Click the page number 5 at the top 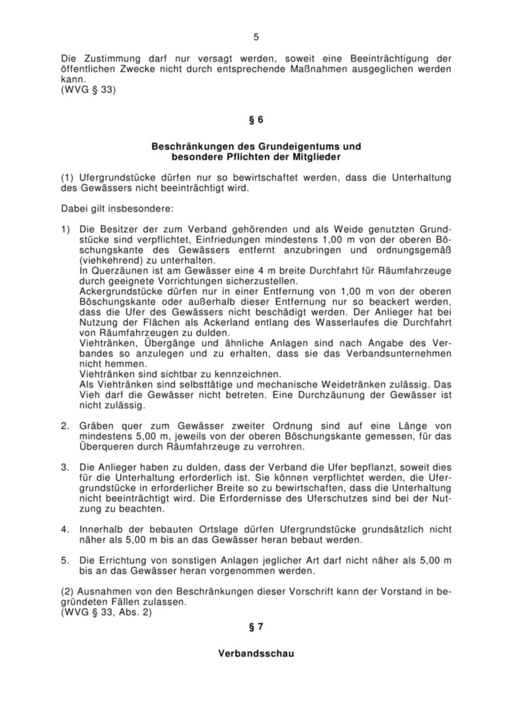[x=256, y=37]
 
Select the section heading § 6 [x=256, y=119]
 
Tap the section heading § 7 [x=256, y=627]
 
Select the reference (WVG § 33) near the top [x=88, y=90]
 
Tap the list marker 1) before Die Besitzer [x=66, y=229]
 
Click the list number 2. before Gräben [x=65, y=425]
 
